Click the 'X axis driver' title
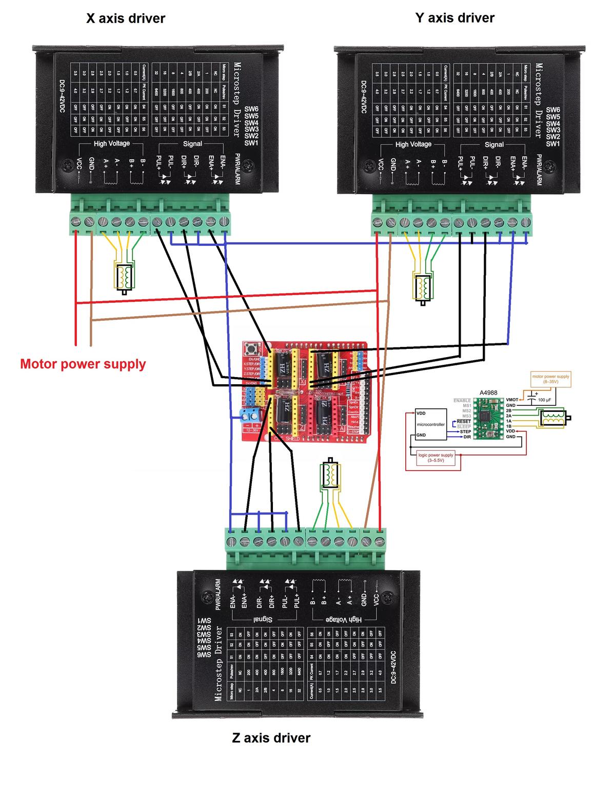126,19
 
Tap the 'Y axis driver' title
454,18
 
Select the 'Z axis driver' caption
271,738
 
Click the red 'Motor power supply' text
83,364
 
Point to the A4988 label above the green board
488,393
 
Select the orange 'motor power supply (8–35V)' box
550,379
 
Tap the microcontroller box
430,424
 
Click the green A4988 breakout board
487,418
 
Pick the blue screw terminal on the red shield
251,415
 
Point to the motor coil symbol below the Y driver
424,287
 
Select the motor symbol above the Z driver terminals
330,475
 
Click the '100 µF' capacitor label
545,400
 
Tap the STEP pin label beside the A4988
465,432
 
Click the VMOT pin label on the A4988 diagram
511,400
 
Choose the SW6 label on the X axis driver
251,109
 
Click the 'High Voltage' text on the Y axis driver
413,144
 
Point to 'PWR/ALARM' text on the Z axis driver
218,594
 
